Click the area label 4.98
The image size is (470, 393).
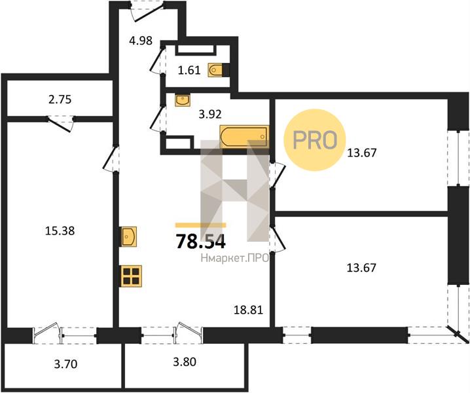[141, 41]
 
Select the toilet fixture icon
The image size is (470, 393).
[217, 69]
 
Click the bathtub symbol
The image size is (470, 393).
[244, 137]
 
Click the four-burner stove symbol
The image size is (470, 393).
[132, 276]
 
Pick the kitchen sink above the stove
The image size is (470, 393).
[128, 236]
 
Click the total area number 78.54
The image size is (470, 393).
[200, 242]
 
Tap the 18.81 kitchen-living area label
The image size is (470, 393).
[249, 310]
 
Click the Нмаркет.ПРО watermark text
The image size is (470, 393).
[235, 259]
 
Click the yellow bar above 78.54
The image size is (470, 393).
[200, 225]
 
